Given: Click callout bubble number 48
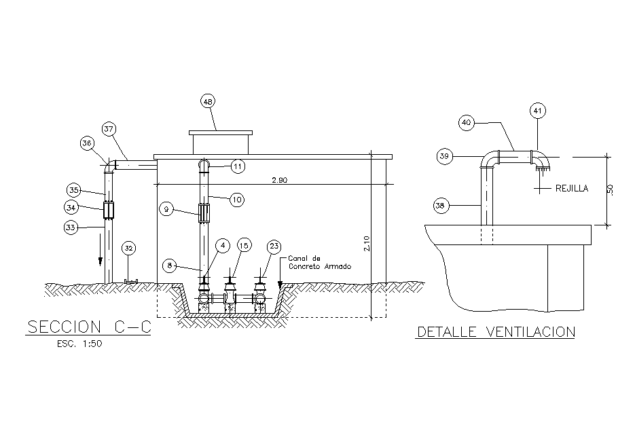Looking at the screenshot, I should pos(208,101).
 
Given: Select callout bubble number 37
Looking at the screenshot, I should pos(109,128).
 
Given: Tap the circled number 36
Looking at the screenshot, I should pos(86,143).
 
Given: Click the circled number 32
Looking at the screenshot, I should pos(129,248).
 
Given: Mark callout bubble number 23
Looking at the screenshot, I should pos(274,246).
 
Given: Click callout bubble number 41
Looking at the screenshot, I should pos(537,110).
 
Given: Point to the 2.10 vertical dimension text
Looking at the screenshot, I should pos(367,244).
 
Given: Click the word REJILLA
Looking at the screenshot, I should pos(571,188).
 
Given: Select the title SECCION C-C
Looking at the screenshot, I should pos(88,327).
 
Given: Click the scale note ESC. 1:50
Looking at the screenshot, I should pos(79,344).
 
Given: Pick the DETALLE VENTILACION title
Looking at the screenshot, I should pos(496,332).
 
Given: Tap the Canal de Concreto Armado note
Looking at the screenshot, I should pos(310,263).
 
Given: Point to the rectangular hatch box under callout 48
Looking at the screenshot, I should pos(221,143).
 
